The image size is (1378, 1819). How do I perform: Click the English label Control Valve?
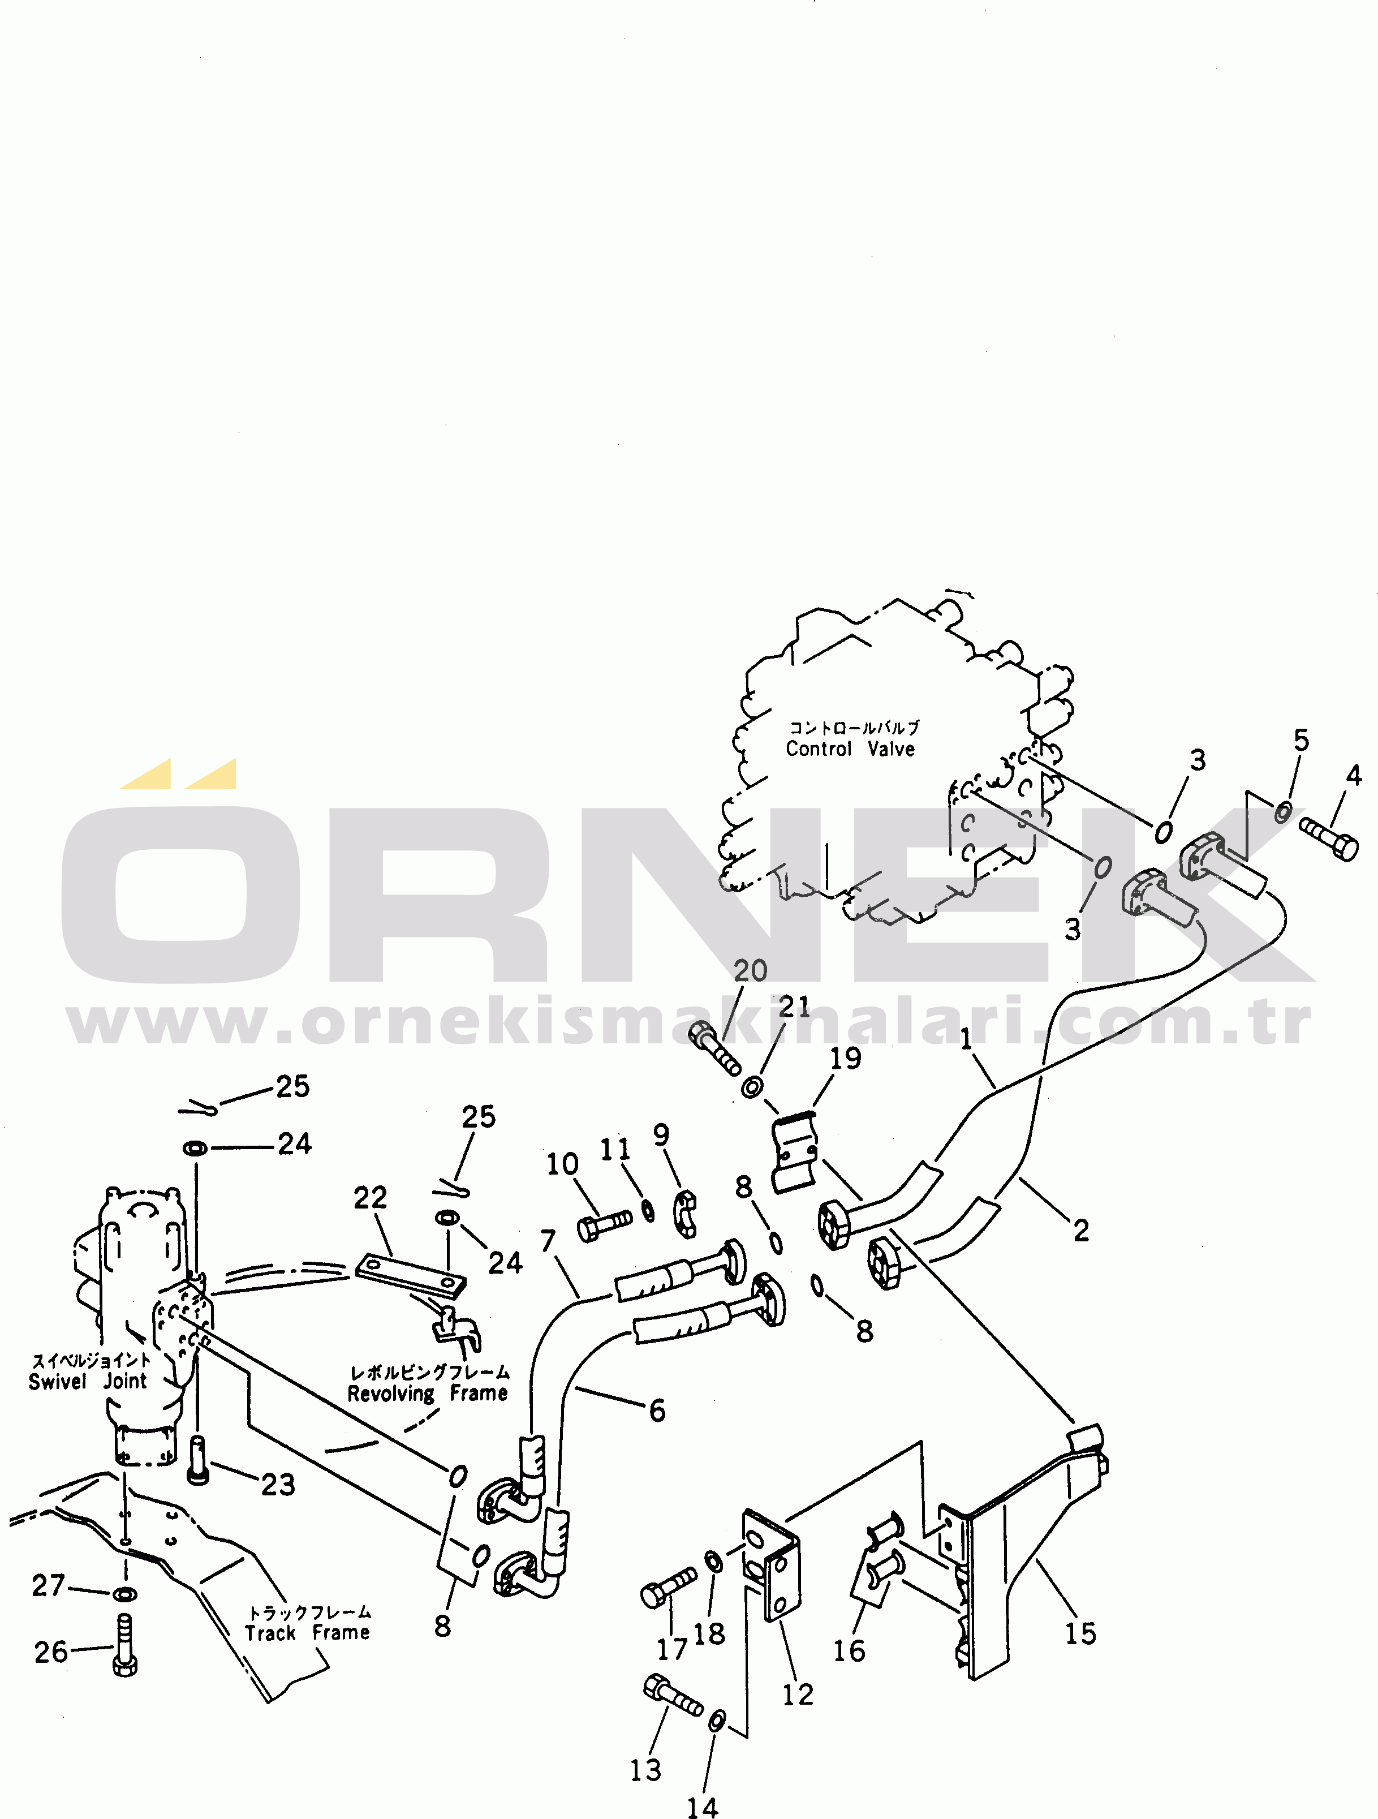click(850, 749)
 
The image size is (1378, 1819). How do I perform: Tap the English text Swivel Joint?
click(88, 1382)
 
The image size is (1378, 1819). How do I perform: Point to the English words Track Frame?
click(308, 1633)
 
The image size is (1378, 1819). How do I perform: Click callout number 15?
click(1080, 1633)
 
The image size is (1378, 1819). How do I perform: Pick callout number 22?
click(370, 1197)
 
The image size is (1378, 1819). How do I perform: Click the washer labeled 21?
click(751, 1087)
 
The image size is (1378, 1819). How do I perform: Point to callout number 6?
click(657, 1411)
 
